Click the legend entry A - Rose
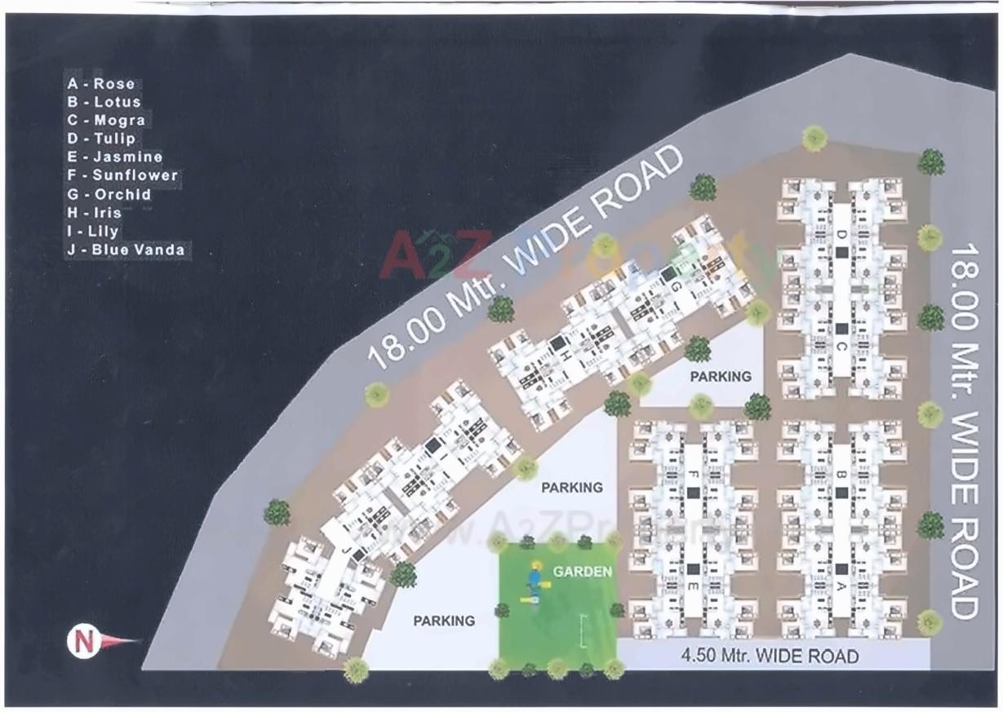click(101, 83)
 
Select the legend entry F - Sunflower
click(122, 175)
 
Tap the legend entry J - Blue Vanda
click(126, 250)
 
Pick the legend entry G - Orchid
click(109, 194)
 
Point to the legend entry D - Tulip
click(101, 139)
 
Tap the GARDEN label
click(582, 572)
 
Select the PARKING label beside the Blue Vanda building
click(443, 621)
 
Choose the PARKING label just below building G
click(719, 377)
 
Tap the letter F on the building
click(692, 474)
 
